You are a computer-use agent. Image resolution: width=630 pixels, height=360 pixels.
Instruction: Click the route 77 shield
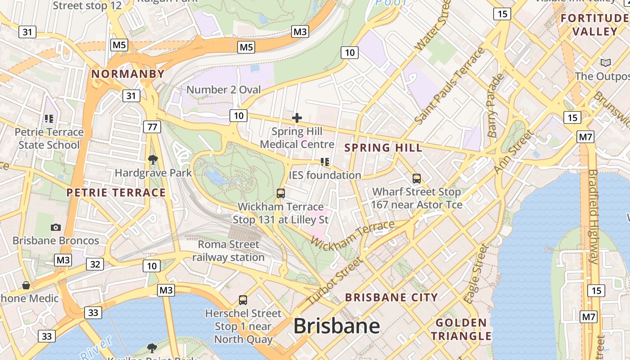(x=152, y=127)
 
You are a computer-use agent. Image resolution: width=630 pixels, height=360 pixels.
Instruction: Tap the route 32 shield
(x=95, y=264)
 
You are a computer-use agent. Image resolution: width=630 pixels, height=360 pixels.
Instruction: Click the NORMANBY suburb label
(x=128, y=74)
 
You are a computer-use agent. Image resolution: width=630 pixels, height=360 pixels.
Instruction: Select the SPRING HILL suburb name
(x=383, y=148)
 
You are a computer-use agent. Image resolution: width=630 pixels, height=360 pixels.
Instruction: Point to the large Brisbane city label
(x=337, y=326)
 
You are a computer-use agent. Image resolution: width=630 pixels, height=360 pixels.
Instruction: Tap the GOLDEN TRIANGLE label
(x=461, y=329)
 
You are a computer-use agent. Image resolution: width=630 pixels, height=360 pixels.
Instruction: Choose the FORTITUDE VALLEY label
(x=595, y=25)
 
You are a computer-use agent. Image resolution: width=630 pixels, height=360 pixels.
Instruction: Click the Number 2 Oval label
(x=224, y=90)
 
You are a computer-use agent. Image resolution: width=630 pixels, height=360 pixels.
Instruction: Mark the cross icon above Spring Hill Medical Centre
(x=297, y=118)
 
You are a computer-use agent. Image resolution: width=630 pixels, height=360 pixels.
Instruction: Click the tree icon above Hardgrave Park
(x=153, y=159)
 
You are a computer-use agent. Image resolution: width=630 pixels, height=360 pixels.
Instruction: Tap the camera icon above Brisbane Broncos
(x=56, y=227)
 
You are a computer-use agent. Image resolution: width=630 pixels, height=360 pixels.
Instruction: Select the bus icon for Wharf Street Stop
(x=417, y=179)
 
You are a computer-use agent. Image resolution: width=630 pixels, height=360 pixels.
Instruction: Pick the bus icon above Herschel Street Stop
(x=243, y=300)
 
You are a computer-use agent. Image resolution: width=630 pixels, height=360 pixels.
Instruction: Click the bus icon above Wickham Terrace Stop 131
(x=281, y=193)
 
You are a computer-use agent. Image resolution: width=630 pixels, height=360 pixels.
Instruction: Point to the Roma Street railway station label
(x=229, y=251)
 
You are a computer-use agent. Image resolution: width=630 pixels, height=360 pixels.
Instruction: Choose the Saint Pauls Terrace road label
(x=450, y=85)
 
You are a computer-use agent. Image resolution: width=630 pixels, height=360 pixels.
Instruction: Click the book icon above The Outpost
(x=606, y=63)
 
